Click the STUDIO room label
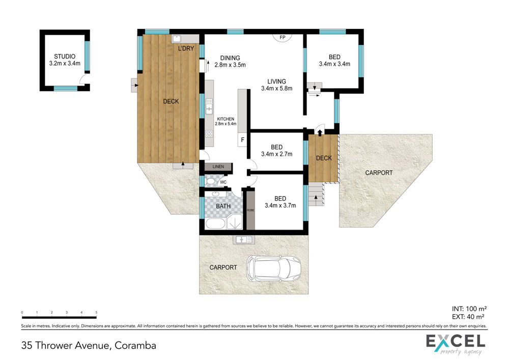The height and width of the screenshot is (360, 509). pos(65,57)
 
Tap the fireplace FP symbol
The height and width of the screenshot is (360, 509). pos(282,37)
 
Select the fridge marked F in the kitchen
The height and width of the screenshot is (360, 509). pos(242,140)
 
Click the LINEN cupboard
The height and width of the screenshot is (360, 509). pos(218,167)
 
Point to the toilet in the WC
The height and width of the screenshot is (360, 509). pos(210,181)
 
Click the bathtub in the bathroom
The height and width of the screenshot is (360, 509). pos(215,224)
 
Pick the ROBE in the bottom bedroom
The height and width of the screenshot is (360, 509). pos(250,210)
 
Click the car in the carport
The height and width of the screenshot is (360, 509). pos(273,268)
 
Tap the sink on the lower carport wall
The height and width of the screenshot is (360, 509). pos(243,239)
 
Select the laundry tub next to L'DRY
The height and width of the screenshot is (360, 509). pos(176,39)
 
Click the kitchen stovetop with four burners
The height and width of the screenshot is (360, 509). pos(209,133)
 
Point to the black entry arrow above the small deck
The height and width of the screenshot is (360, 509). pos(320,132)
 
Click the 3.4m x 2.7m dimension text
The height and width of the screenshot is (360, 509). pos(276,154)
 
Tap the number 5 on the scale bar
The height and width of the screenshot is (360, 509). pos(96,312)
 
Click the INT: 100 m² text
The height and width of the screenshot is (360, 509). pos(469,309)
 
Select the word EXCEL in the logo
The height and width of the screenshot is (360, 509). pos(456,341)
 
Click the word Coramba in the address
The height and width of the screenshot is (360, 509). pos(135,345)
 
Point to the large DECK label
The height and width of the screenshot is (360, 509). pos(171,101)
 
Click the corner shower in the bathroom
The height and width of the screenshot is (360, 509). pos(234,221)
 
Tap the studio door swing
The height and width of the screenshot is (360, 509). pos(83,78)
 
